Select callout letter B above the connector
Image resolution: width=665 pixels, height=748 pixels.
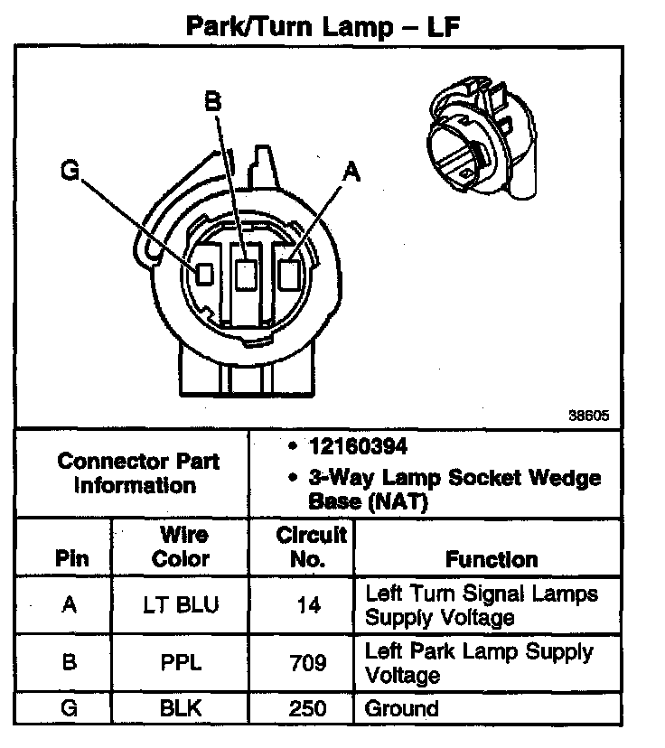(213, 101)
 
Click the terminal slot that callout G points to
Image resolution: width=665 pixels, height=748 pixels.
(204, 272)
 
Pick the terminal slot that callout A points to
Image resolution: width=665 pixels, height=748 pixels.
(290, 273)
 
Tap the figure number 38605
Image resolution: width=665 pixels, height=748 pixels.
(589, 417)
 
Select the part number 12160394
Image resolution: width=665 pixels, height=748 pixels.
(358, 447)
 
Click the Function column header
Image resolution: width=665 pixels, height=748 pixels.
(491, 559)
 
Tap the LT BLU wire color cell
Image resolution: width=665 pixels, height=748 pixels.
(181, 605)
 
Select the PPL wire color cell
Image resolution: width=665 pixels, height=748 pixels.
(181, 663)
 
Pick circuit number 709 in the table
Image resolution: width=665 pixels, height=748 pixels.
(309, 663)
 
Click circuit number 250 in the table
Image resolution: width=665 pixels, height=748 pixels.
(309, 708)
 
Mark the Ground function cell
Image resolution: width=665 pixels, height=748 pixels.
(401, 708)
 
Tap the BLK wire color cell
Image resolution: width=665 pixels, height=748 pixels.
(181, 708)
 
